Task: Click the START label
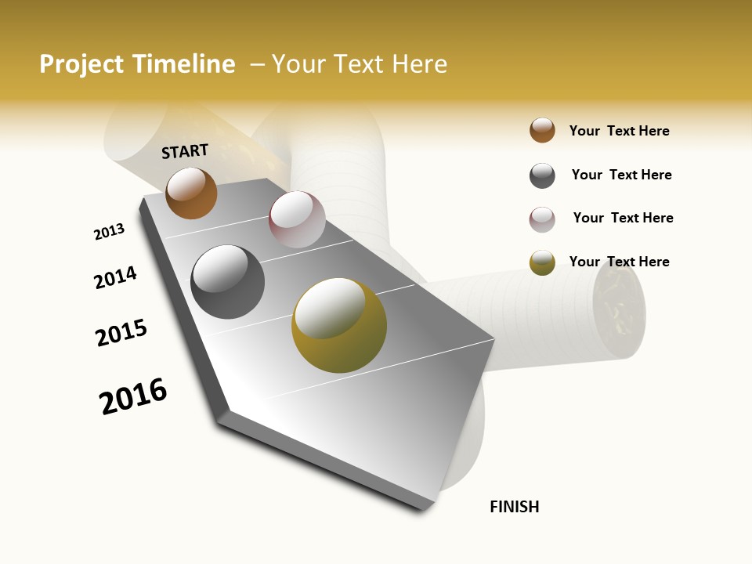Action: pyautogui.click(x=185, y=151)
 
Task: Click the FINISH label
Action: pyautogui.click(x=514, y=507)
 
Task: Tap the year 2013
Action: pyautogui.click(x=109, y=232)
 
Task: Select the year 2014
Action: pyautogui.click(x=115, y=278)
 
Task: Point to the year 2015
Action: pyautogui.click(x=121, y=333)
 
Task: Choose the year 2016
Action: pyautogui.click(x=133, y=396)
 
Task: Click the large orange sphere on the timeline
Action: pyautogui.click(x=191, y=193)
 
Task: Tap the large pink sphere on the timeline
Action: pyautogui.click(x=297, y=219)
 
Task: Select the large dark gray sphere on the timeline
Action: pyautogui.click(x=227, y=282)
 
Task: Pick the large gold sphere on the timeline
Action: pyautogui.click(x=338, y=325)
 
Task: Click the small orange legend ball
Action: pyautogui.click(x=542, y=130)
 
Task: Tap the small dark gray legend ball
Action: pyautogui.click(x=542, y=175)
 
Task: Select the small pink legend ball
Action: pyautogui.click(x=542, y=219)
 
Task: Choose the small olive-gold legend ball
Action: pyautogui.click(x=542, y=262)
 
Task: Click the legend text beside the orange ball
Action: pyautogui.click(x=619, y=131)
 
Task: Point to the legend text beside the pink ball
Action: pyautogui.click(x=623, y=218)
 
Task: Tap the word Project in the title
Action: pyautogui.click(x=81, y=64)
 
